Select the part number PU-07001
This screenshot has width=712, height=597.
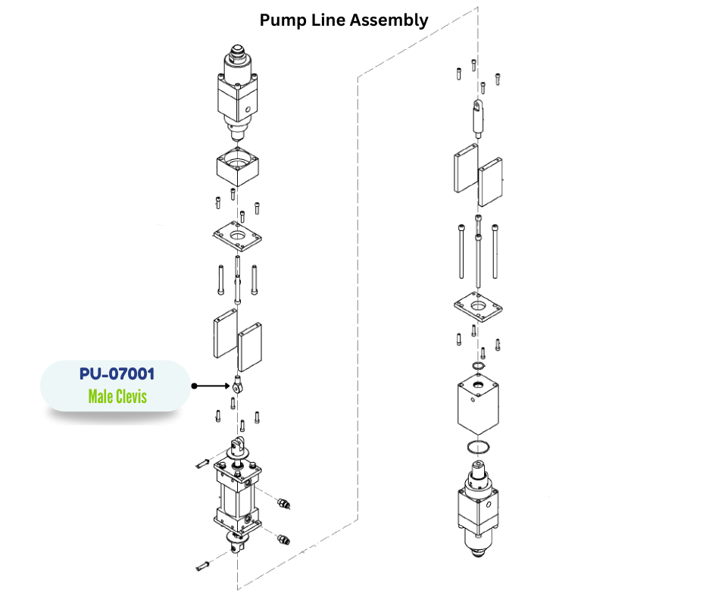(x=116, y=374)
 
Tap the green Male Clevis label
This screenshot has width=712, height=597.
(x=117, y=396)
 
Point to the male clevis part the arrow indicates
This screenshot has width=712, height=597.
(x=238, y=384)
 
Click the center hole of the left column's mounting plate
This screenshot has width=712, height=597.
(x=239, y=238)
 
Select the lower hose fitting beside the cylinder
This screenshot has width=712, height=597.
(x=284, y=539)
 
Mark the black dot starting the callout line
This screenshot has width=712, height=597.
(x=194, y=386)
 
